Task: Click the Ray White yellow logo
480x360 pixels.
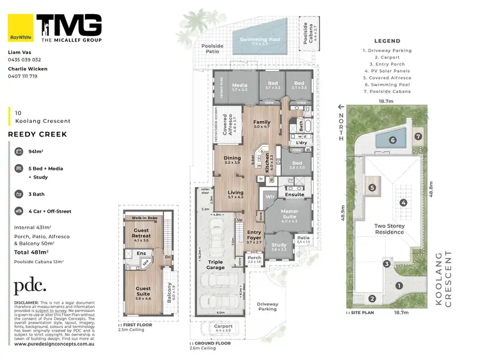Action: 20,27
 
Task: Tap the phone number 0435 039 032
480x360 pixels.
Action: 24,59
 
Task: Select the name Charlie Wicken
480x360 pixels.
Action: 27,68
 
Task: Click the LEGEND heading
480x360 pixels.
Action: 387,40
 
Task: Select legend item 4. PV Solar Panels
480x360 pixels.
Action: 387,70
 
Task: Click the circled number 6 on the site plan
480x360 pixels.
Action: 394,140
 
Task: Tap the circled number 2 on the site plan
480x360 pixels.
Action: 371,299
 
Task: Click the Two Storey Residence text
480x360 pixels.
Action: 389,229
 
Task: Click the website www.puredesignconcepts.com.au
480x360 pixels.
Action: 54,343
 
